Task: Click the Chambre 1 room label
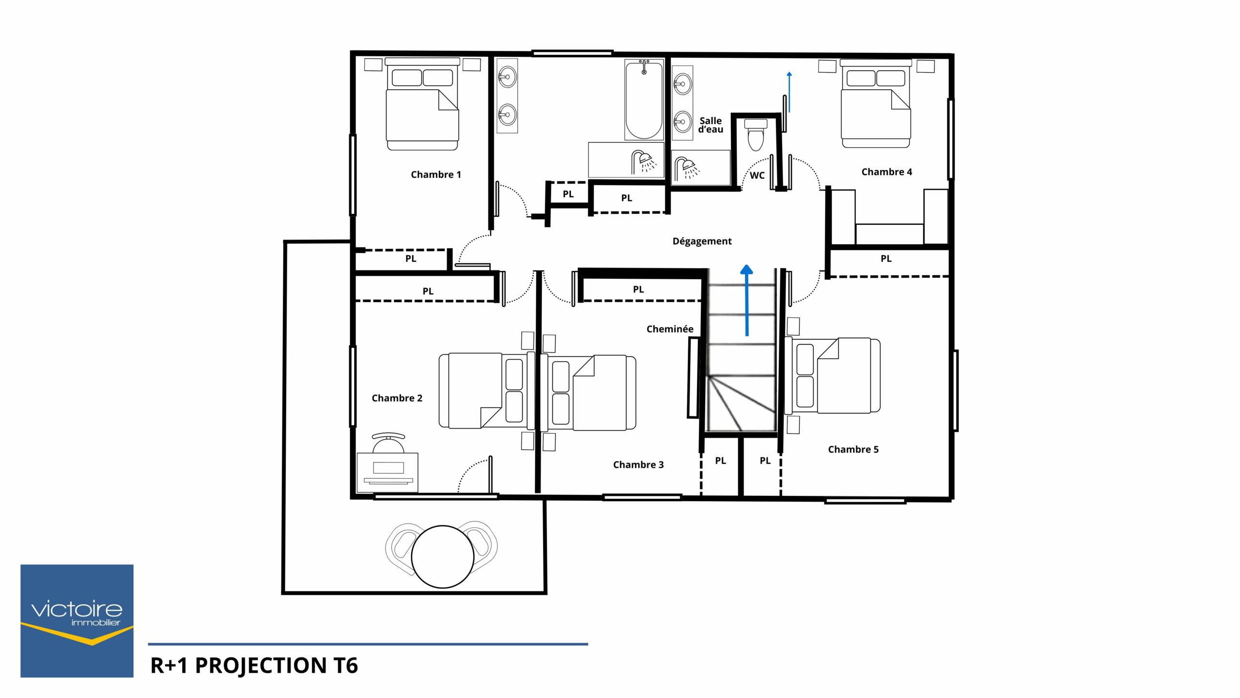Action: (x=435, y=174)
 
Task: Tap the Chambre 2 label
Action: (x=397, y=398)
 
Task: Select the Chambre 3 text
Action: (x=638, y=465)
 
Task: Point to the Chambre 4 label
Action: (x=886, y=172)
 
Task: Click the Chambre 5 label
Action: (x=853, y=449)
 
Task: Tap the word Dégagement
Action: (x=702, y=241)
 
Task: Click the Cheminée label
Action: (x=670, y=329)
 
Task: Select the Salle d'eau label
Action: (x=711, y=125)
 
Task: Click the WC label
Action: (x=757, y=175)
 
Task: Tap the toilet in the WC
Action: (x=756, y=135)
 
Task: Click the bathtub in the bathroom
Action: (x=644, y=99)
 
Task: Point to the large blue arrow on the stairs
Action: (x=747, y=301)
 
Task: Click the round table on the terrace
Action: (x=442, y=556)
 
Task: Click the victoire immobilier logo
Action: (x=77, y=621)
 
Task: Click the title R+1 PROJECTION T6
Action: (x=254, y=666)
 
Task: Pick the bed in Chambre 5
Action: (x=832, y=376)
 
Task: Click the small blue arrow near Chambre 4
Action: (x=789, y=92)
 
